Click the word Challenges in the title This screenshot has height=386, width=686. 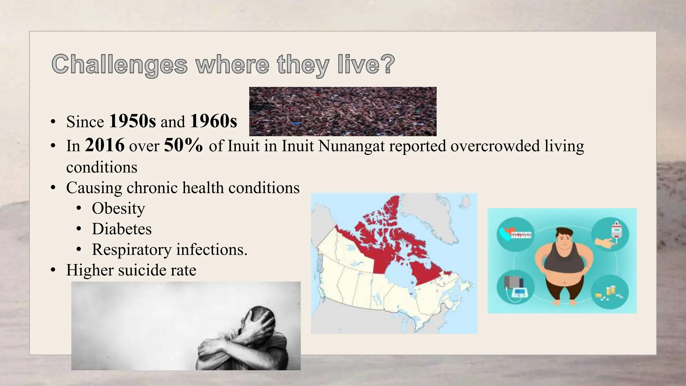120,64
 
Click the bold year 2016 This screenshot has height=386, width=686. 105,145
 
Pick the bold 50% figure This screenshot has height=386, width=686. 183,145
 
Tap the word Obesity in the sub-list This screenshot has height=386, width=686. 118,208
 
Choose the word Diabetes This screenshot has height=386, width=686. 122,229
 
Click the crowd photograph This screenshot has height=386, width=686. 343,111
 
